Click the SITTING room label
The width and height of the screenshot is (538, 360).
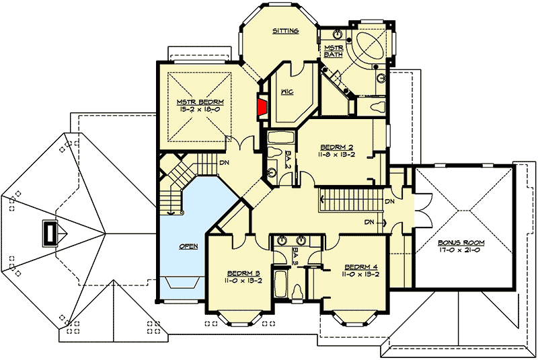click(x=285, y=31)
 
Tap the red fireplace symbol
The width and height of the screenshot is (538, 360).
click(x=260, y=106)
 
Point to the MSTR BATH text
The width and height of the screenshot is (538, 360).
click(x=334, y=51)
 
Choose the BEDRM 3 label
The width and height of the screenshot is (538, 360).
click(x=240, y=273)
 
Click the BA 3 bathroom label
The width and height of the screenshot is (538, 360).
click(x=295, y=254)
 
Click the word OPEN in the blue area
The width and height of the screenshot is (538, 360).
click(x=188, y=246)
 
